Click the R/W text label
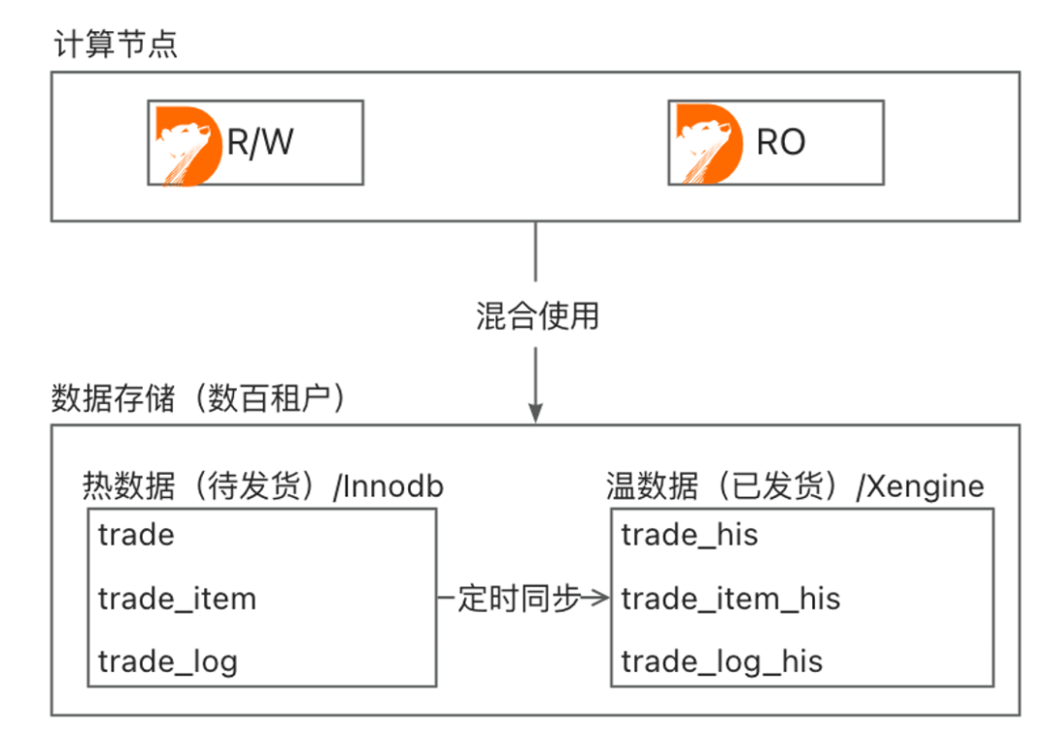260,143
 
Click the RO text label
781,143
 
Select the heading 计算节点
115,45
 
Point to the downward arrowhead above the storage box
535,412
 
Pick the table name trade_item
177,599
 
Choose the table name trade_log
167,662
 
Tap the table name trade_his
689,535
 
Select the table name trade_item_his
730,599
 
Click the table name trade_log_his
722,662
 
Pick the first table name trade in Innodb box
136,535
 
